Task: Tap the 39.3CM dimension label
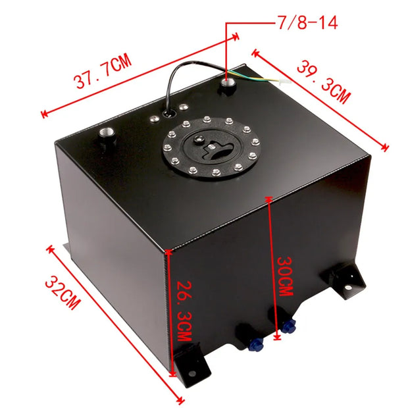[x=322, y=81]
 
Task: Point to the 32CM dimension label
[x=63, y=292]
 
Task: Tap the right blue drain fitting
[x=288, y=324]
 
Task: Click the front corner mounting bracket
[x=188, y=366]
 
